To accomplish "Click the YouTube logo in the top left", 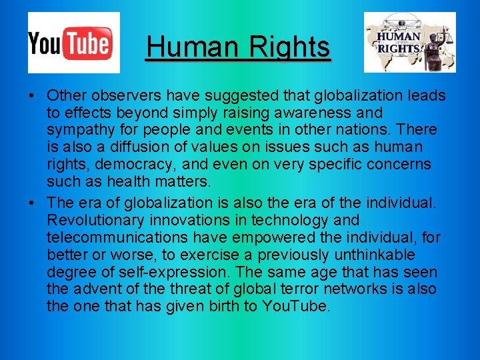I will click(x=73, y=42).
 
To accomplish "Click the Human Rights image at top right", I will click(x=409, y=42).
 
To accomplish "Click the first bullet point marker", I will click(x=32, y=95).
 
